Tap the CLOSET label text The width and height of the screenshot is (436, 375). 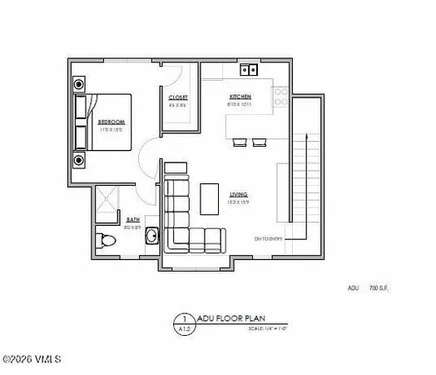point(178,97)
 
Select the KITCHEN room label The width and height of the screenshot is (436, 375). point(240,97)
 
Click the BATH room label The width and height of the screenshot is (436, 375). point(131,219)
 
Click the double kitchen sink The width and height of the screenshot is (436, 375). point(247,69)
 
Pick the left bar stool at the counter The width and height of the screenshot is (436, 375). point(238,143)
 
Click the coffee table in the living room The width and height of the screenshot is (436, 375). point(208,198)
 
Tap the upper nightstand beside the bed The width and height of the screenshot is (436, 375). point(80,84)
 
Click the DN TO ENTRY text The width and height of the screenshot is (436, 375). point(269,239)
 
